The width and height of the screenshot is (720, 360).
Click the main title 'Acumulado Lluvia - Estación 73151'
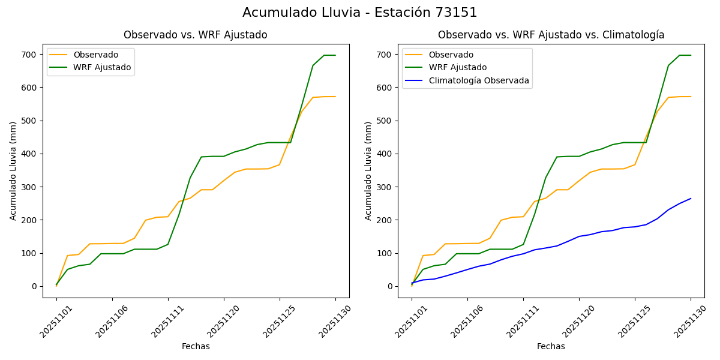pos(360,13)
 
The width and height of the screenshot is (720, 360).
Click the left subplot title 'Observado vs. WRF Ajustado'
pos(196,35)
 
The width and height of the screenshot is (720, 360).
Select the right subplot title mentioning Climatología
pos(551,35)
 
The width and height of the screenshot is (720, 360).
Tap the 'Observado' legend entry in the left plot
pos(95,55)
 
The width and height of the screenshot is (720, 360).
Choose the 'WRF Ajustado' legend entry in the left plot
pos(102,67)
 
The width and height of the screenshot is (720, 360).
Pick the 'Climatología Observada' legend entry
pos(479,80)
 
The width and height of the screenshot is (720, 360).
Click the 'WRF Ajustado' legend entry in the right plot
pos(457,67)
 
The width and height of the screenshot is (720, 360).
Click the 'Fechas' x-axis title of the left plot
pos(196,346)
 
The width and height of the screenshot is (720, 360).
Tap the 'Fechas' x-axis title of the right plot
pos(551,346)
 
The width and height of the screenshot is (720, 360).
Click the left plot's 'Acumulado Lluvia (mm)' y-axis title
pos(13,170)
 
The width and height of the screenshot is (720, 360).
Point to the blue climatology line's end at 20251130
pos(691,199)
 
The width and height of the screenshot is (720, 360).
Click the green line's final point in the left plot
pos(335,55)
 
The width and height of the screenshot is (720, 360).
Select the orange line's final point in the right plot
pos(691,97)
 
